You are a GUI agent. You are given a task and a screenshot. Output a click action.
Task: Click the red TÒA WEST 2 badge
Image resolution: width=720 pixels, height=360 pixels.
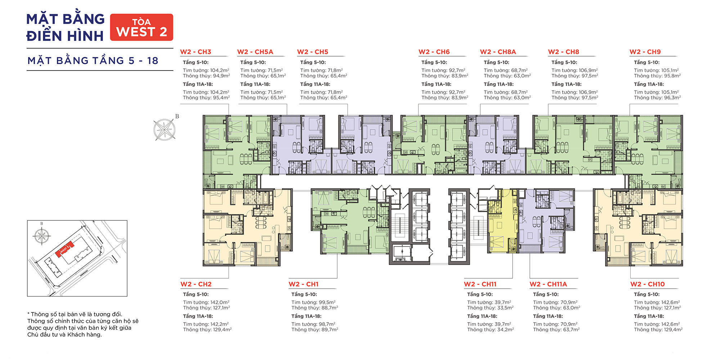click(141, 27)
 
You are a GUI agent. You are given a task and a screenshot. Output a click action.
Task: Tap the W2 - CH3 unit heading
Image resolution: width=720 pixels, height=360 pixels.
click(195, 52)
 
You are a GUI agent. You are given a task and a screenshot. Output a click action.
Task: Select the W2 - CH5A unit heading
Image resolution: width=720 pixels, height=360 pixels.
click(255, 52)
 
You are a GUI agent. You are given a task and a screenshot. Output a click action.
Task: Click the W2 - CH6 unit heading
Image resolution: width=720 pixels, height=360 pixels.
click(434, 52)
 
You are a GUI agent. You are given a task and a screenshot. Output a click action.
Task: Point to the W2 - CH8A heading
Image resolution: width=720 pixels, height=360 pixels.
click(498, 52)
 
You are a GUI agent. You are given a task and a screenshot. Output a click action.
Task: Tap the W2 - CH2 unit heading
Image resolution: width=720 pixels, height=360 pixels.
click(196, 284)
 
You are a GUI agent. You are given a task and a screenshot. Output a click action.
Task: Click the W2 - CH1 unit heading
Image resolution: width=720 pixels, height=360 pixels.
click(303, 284)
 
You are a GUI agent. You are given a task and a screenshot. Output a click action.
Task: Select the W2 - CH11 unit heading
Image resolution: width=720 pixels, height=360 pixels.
click(480, 284)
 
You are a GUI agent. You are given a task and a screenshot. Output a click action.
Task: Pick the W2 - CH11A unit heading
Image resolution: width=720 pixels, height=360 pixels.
click(548, 284)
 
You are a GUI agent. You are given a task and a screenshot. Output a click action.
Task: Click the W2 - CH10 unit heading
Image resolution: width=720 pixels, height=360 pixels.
click(647, 284)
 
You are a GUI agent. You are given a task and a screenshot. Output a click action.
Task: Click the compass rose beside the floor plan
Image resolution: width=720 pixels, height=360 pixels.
click(165, 129)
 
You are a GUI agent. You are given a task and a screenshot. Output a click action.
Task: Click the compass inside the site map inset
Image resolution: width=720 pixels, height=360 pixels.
click(42, 236)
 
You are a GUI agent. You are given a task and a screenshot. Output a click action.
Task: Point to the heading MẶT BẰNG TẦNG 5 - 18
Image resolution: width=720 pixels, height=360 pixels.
click(93, 60)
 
